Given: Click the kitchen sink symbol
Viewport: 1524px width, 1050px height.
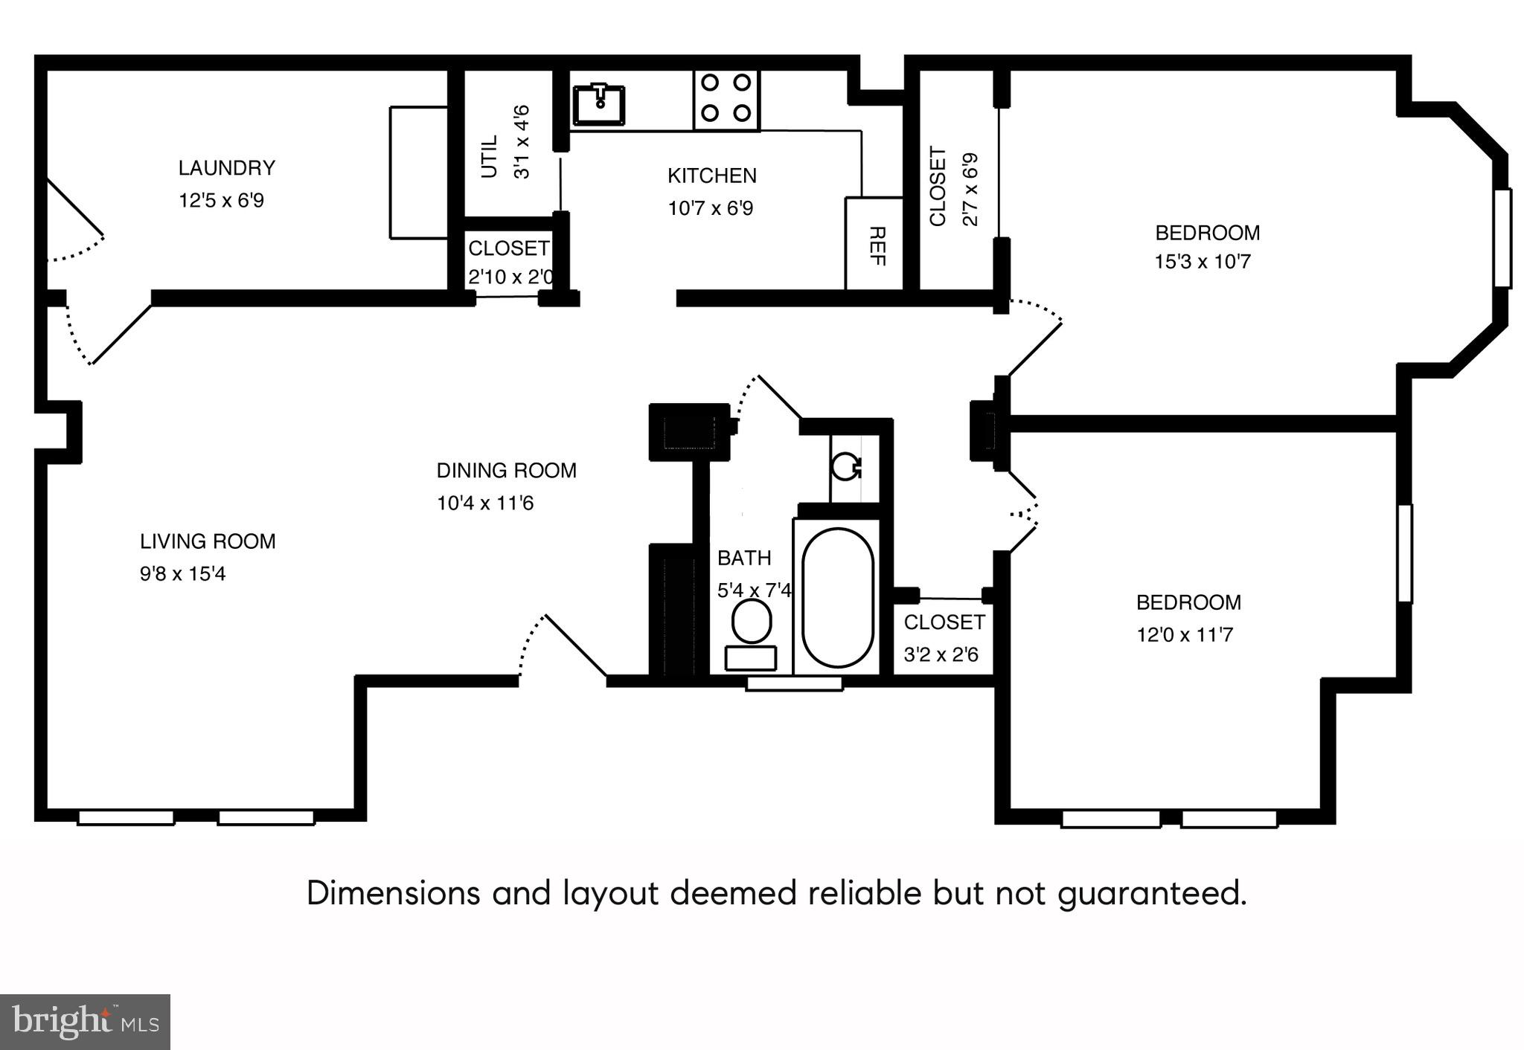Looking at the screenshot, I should tap(598, 105).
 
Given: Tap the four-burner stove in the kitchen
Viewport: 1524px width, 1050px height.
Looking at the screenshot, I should tap(726, 97).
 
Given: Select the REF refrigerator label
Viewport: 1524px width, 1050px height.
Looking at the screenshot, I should tap(876, 246).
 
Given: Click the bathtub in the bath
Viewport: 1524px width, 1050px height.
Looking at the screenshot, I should tap(838, 597).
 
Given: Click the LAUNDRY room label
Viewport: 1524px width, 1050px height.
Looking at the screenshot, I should tap(226, 168).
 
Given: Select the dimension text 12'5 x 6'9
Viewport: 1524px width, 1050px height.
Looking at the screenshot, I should tap(221, 201).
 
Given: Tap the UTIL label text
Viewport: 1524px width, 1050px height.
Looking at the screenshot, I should tap(489, 156).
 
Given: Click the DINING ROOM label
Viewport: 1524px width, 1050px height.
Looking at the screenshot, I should tap(506, 471).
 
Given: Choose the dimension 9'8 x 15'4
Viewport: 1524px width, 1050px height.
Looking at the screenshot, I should tap(182, 574).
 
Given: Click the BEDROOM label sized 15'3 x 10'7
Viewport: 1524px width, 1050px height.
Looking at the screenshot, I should tap(1207, 233).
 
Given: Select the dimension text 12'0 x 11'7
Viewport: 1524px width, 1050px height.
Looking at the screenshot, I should tap(1185, 635).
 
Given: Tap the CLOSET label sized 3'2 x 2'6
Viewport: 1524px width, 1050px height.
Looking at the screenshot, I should tap(944, 622).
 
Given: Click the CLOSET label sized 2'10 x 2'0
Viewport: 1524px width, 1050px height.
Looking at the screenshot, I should tap(508, 248).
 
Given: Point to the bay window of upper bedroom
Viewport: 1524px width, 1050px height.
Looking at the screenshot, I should tap(1502, 238).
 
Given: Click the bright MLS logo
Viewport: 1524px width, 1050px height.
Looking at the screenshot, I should tap(85, 1022).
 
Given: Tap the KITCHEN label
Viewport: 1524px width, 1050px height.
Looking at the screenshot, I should tap(711, 176).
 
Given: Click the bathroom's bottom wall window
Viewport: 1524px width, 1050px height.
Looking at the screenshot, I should tap(794, 683).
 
